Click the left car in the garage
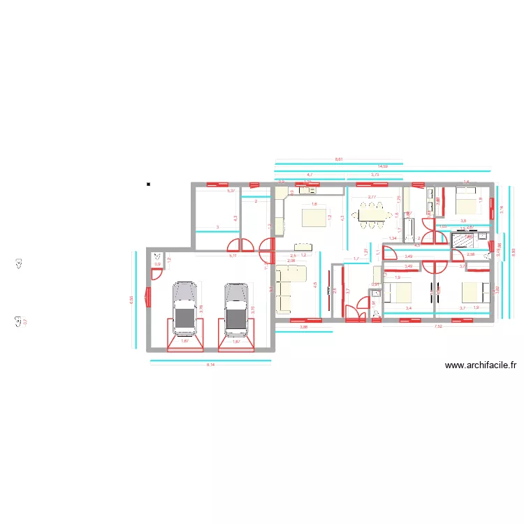pos(184,307)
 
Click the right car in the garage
pos(236,307)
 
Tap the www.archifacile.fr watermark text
pos(480,365)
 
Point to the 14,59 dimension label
pos(382,167)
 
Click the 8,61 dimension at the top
pos(339,160)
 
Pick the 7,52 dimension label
pos(438,326)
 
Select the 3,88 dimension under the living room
pos(303,326)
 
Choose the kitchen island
pos(314,217)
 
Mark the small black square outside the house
pos(148,185)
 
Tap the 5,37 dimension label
pos(231,191)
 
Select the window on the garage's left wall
pos(148,297)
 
